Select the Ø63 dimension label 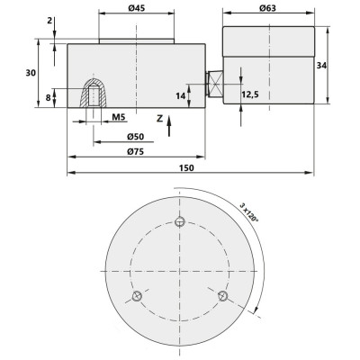click(267, 9)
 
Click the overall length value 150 click(187, 168)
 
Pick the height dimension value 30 click(31, 74)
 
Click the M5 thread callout click(120, 118)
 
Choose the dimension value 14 click(181, 94)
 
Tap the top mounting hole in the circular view click(180, 222)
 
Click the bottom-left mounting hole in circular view click(137, 296)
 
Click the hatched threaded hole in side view click(94, 94)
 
